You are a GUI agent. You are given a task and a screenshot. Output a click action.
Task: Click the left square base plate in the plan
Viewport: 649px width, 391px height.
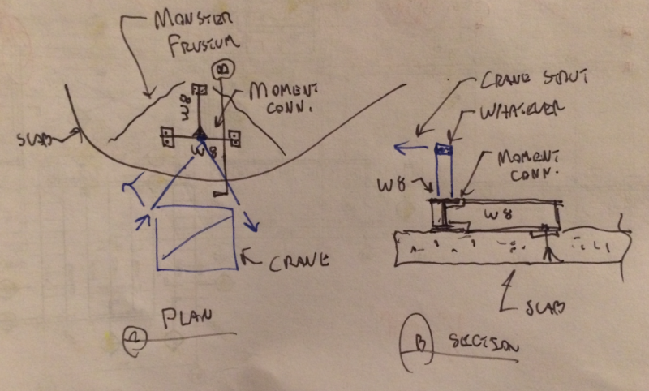tap(169, 137)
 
